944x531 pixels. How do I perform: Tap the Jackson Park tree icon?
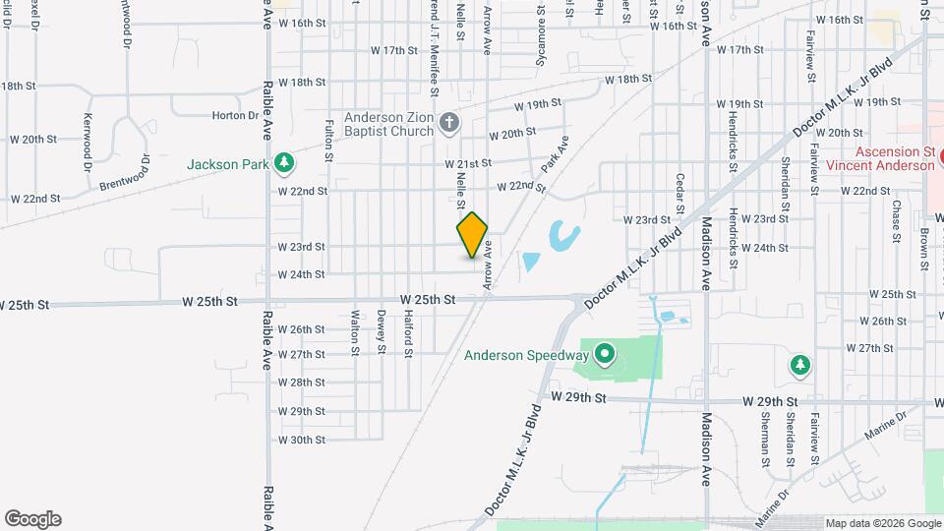(x=283, y=161)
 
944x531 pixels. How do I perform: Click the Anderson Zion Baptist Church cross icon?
(x=448, y=123)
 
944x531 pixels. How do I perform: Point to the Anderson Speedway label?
(x=526, y=356)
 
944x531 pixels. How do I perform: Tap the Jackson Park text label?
(x=229, y=164)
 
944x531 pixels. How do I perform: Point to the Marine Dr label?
(x=884, y=427)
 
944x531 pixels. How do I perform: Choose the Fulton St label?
(x=328, y=138)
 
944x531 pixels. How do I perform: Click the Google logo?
(x=32, y=519)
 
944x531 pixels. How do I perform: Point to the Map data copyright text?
(x=882, y=523)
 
